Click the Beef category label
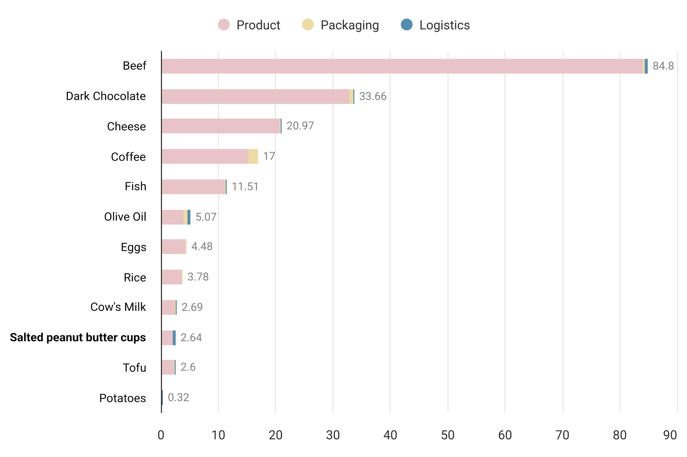(x=134, y=66)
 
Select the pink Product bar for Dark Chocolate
(x=255, y=97)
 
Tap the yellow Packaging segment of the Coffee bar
(x=253, y=156)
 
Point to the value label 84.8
(x=663, y=66)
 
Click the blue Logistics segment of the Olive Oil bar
(x=189, y=217)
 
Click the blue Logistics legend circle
(x=406, y=24)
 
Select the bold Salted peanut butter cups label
(x=78, y=338)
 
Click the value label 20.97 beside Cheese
(x=300, y=126)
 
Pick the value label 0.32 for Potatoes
(x=178, y=398)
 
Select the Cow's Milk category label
(x=118, y=307)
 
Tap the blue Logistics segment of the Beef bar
(x=646, y=66)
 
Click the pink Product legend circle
(x=224, y=24)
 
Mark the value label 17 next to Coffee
(x=269, y=156)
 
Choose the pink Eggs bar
(x=174, y=246)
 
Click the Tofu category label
(x=134, y=368)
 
